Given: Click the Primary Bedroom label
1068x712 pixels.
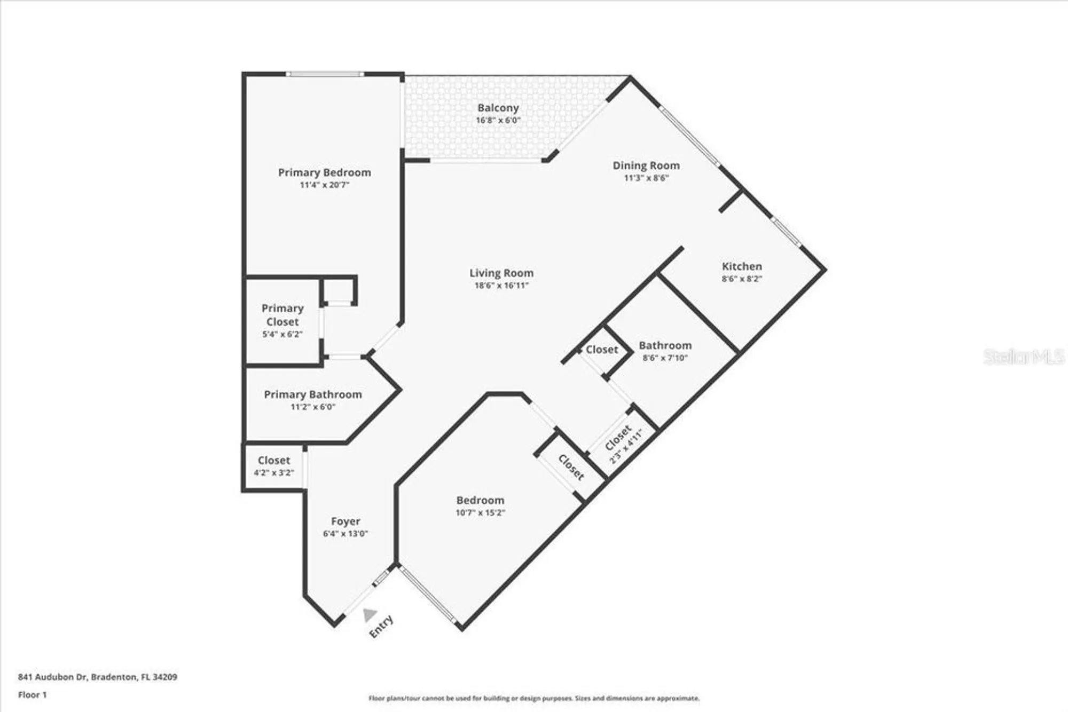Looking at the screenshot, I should click(324, 172).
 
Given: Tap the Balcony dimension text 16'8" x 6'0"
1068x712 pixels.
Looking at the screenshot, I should click(498, 120).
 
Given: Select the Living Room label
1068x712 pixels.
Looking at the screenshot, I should click(501, 273).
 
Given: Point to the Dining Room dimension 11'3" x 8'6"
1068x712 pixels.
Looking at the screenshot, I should click(646, 178).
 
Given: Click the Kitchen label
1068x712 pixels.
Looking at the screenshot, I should click(742, 266).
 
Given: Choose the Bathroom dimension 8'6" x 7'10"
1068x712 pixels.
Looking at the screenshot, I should click(665, 358).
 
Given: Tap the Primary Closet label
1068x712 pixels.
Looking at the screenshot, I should click(282, 315).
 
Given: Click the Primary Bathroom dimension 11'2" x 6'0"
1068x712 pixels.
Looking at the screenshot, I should click(313, 407).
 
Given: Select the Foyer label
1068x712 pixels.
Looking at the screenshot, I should click(345, 521).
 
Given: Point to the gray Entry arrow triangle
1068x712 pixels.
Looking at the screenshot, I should click(369, 615).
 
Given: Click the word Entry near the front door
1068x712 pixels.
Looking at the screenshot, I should click(381, 626).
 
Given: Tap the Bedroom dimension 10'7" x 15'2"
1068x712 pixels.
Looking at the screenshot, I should click(480, 512).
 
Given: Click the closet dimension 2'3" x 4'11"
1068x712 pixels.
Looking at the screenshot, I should click(626, 445).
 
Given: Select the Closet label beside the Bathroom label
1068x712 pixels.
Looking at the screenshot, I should click(602, 350).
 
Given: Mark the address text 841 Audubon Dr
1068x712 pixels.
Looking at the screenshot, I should click(52, 677).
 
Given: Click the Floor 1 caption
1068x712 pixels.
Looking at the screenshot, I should click(33, 694).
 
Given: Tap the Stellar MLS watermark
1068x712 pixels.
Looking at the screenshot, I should click(1024, 357).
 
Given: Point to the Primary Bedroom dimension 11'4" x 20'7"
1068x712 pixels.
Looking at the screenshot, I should click(324, 185).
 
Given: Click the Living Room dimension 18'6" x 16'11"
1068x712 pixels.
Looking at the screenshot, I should click(501, 286).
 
